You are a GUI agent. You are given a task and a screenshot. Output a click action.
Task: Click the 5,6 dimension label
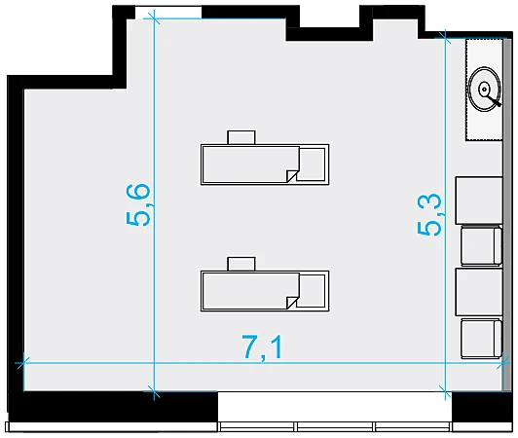coord(138,204)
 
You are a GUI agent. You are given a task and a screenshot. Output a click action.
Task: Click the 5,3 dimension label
coord(429,215)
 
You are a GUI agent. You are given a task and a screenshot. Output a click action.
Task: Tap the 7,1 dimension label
coord(263,347)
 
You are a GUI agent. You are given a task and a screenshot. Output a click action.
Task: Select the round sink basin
coord(485,90)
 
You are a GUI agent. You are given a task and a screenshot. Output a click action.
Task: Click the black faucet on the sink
coord(493,98)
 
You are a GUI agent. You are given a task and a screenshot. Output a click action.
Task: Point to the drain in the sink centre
coord(484,89)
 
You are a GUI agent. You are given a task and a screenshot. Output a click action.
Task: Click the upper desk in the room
coord(265,164)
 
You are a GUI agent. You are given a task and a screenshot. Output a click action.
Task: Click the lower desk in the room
coord(265,291)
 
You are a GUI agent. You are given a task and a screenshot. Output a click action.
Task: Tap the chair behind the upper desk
coord(241,137)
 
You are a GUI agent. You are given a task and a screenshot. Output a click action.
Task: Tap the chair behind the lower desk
coord(241,264)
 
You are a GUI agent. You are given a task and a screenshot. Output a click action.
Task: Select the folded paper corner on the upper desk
coord(292,176)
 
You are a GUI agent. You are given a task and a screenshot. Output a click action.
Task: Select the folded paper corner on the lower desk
coord(292,303)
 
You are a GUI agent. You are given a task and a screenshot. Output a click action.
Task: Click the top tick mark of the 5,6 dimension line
coord(154,18)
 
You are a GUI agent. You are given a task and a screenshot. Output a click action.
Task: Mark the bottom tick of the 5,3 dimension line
coord(445,391)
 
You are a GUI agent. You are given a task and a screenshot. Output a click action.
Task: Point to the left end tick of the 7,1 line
coord(23,363)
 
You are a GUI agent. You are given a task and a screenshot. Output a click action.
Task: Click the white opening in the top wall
coord(168,13)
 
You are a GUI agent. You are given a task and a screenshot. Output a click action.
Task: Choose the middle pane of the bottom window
coord(335,426)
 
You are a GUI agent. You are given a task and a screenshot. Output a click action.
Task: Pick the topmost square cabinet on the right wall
coord(479,201)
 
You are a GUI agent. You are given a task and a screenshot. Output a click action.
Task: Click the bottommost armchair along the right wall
coord(481,339)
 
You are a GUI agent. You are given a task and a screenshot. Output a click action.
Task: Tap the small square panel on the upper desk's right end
coord(312,164)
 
